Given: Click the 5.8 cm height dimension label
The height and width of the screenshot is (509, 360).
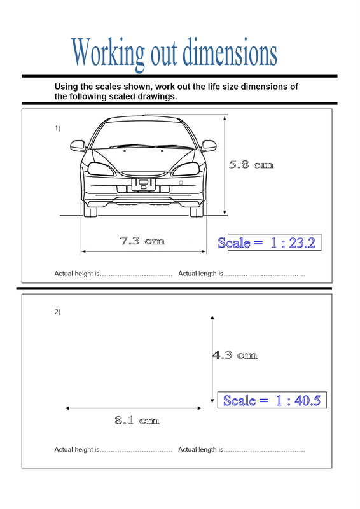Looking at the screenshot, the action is click(251, 165).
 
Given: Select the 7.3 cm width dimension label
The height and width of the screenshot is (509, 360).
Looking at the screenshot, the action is click(142, 241).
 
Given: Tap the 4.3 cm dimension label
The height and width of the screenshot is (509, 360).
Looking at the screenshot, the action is click(235, 355).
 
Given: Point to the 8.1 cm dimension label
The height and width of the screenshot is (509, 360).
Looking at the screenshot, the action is click(137, 421).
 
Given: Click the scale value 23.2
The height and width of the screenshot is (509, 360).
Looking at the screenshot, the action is click(302, 243).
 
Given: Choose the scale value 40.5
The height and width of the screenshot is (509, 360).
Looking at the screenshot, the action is click(307, 401).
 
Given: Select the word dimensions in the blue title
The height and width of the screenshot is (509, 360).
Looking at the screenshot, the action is click(230, 52).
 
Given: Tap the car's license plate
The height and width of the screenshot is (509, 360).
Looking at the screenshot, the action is click(143, 185).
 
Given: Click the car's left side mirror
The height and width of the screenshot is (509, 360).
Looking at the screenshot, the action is click(78, 146).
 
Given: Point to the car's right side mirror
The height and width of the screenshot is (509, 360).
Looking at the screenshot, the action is click(209, 146).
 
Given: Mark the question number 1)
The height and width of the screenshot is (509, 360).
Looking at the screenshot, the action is click(57, 129).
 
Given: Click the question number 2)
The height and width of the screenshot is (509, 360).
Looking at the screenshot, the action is click(57, 312).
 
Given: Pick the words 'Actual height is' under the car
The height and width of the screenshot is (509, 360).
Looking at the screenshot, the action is click(77, 274).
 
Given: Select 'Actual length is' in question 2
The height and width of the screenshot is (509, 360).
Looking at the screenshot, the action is click(200, 450).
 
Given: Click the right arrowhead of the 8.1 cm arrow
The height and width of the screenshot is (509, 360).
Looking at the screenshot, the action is click(199, 408).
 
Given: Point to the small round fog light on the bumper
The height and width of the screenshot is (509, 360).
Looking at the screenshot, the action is click(181, 183).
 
